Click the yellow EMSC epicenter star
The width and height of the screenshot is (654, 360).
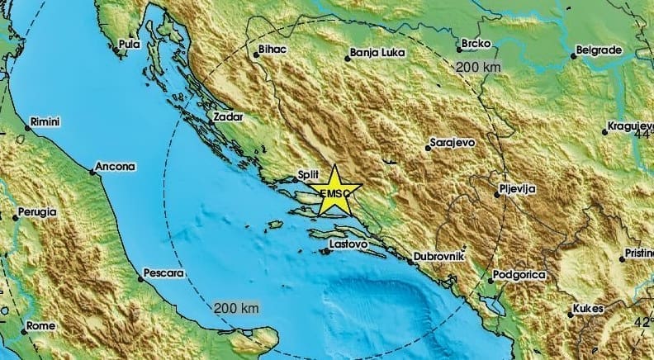[335, 192]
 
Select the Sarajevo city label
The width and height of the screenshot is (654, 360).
[454, 143]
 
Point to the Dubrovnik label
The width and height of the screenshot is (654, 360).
[439, 257]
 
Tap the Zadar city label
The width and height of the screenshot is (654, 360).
[228, 117]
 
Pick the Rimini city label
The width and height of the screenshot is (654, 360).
[45, 122]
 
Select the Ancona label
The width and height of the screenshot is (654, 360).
[115, 167]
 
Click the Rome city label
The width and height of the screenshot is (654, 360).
[40, 326]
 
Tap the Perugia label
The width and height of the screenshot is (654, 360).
[40, 212]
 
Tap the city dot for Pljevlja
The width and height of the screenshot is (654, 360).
[498, 194]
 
